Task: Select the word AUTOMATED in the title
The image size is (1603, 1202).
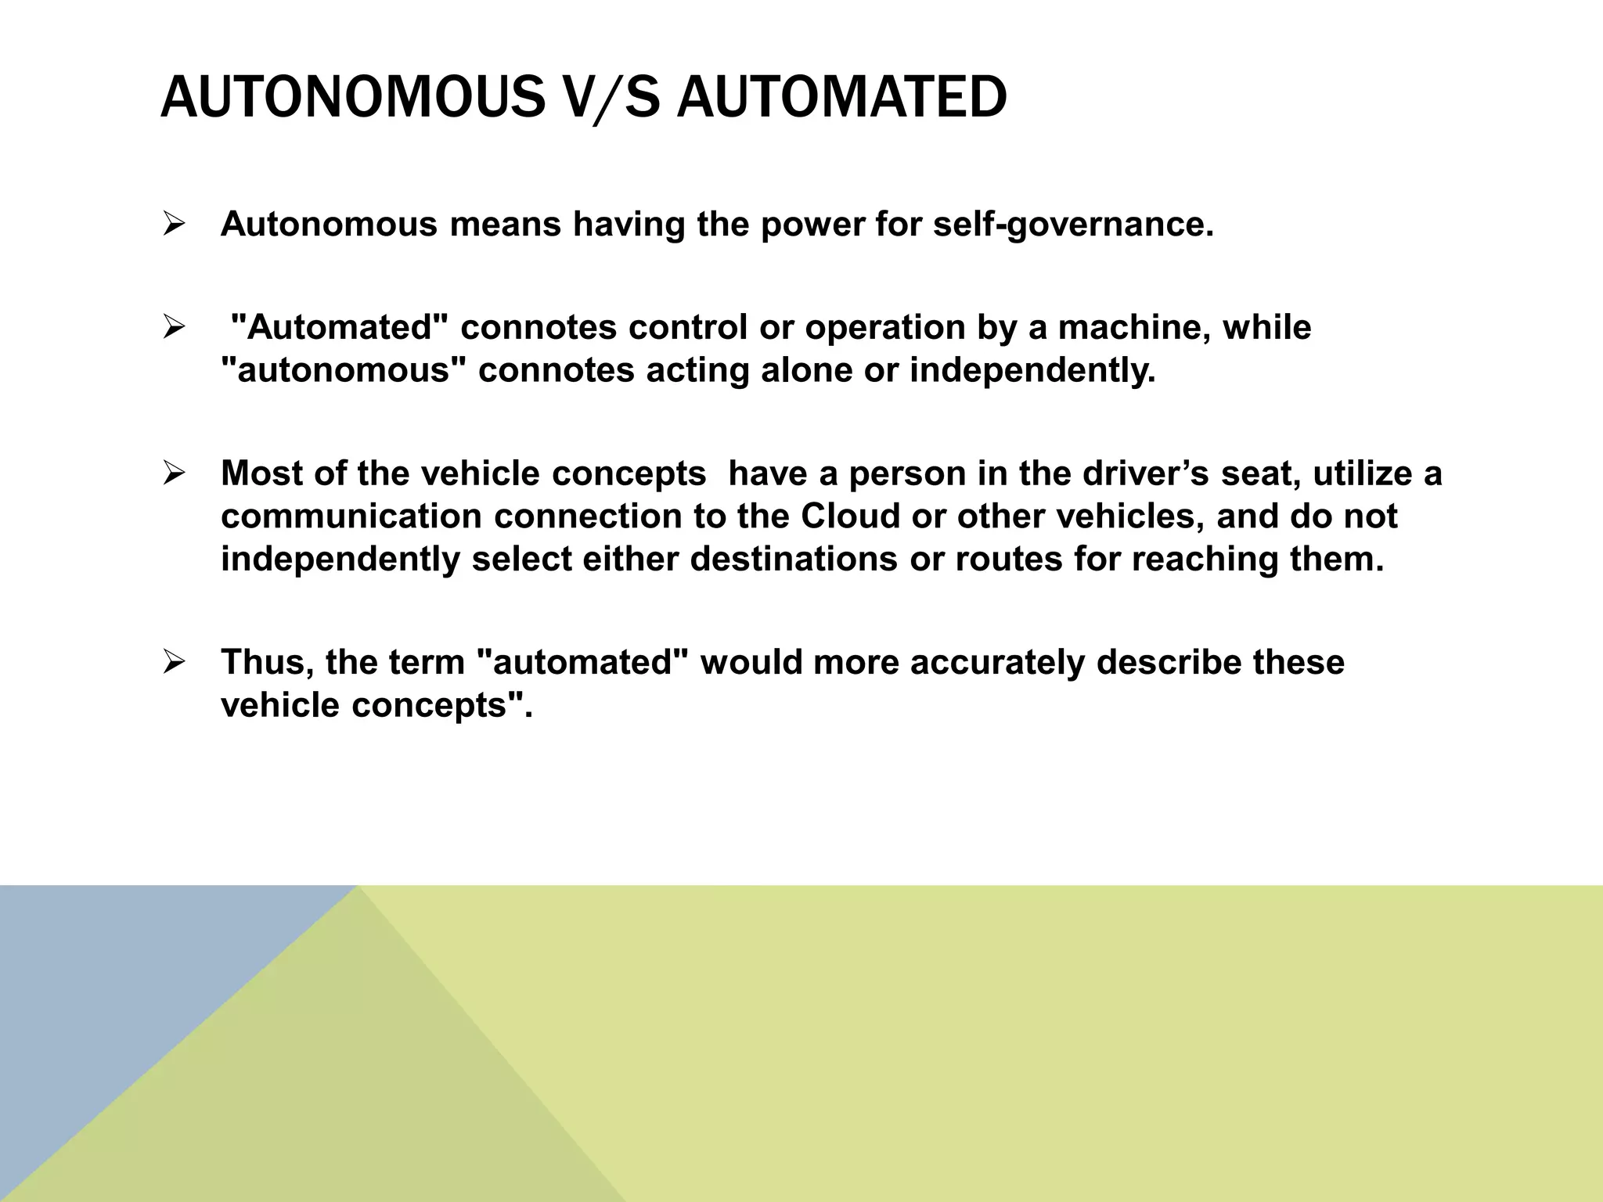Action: tap(841, 97)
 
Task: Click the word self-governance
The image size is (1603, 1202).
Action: tap(1073, 225)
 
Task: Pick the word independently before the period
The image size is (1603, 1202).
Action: tap(1032, 370)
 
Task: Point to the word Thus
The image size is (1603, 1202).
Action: tap(267, 662)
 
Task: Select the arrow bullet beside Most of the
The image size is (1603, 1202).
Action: tap(174, 474)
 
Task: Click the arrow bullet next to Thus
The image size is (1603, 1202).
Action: tap(174, 663)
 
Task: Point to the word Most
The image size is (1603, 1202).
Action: tap(261, 473)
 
